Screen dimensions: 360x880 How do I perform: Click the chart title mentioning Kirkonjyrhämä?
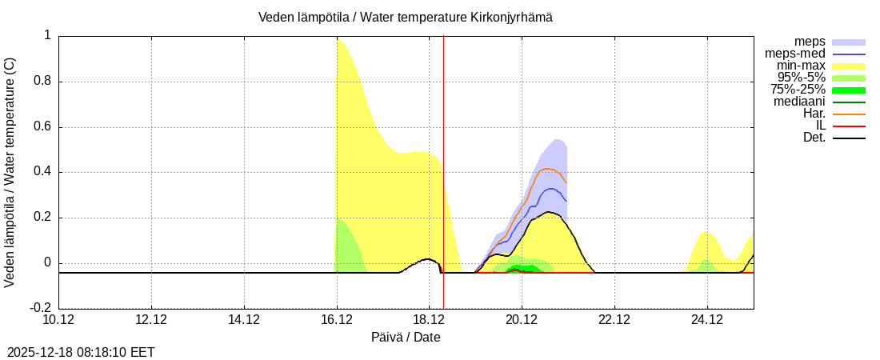coord(405,17)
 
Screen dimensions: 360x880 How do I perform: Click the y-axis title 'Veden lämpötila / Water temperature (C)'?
coord(10,172)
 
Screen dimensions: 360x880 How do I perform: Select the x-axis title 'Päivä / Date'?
coord(406,337)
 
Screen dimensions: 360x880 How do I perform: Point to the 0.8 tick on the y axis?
coord(41,82)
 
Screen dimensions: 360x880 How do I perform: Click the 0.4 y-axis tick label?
coord(41,172)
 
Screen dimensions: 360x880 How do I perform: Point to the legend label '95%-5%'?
coord(802,78)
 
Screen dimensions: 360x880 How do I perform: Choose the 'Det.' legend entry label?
coord(814,138)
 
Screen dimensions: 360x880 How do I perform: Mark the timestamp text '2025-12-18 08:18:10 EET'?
coord(81,352)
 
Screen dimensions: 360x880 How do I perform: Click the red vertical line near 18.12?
coord(443,160)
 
